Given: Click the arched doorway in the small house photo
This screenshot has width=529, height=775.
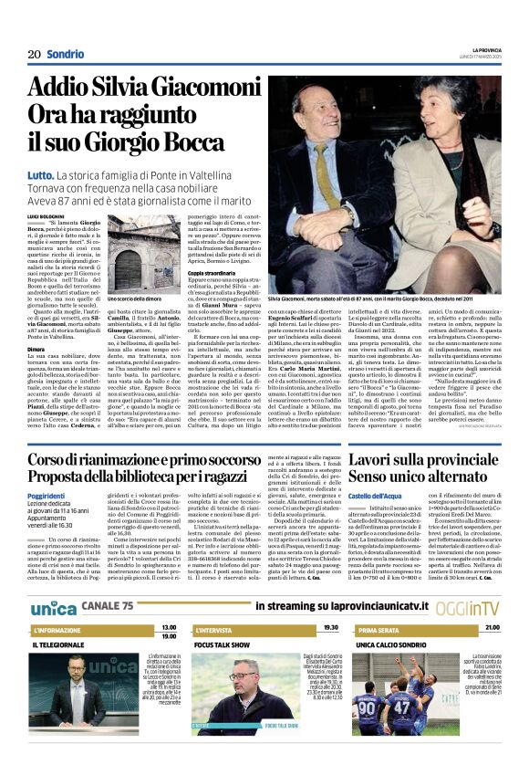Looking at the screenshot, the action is pos(135,266).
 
